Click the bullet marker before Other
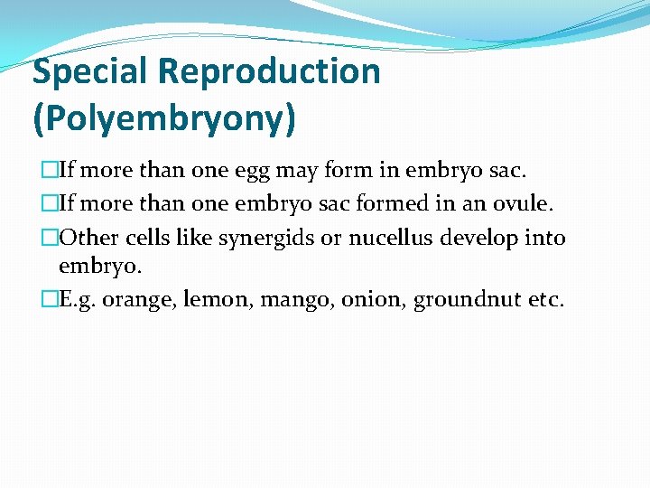[x=50, y=238]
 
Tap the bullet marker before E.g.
[x=50, y=300]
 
